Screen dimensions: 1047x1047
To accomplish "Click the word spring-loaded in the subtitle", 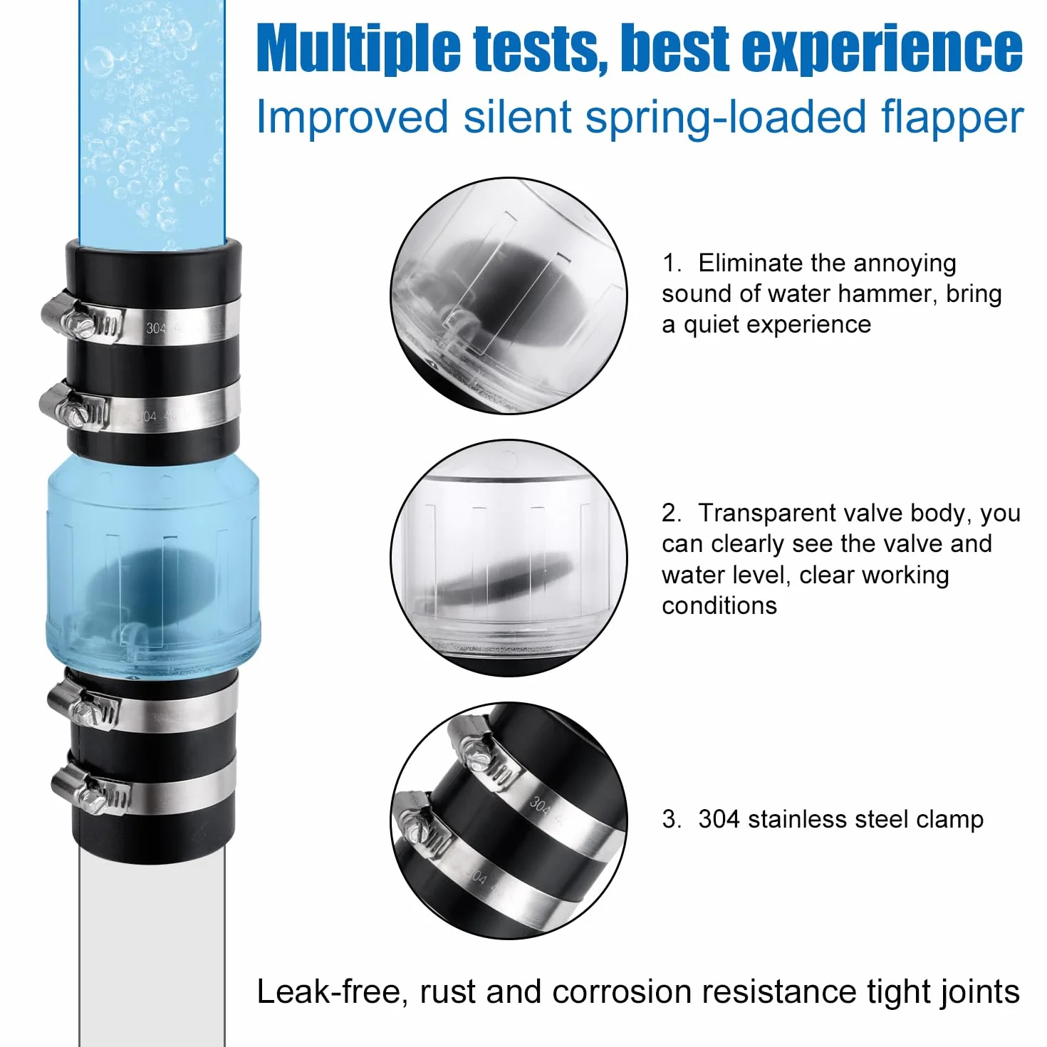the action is [x=725, y=118].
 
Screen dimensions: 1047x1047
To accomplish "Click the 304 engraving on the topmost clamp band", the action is [x=156, y=328].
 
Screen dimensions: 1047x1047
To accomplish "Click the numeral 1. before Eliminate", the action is [x=672, y=264].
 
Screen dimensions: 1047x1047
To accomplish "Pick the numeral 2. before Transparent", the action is [x=672, y=514].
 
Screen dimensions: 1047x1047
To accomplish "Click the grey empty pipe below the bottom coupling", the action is [x=152, y=945].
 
